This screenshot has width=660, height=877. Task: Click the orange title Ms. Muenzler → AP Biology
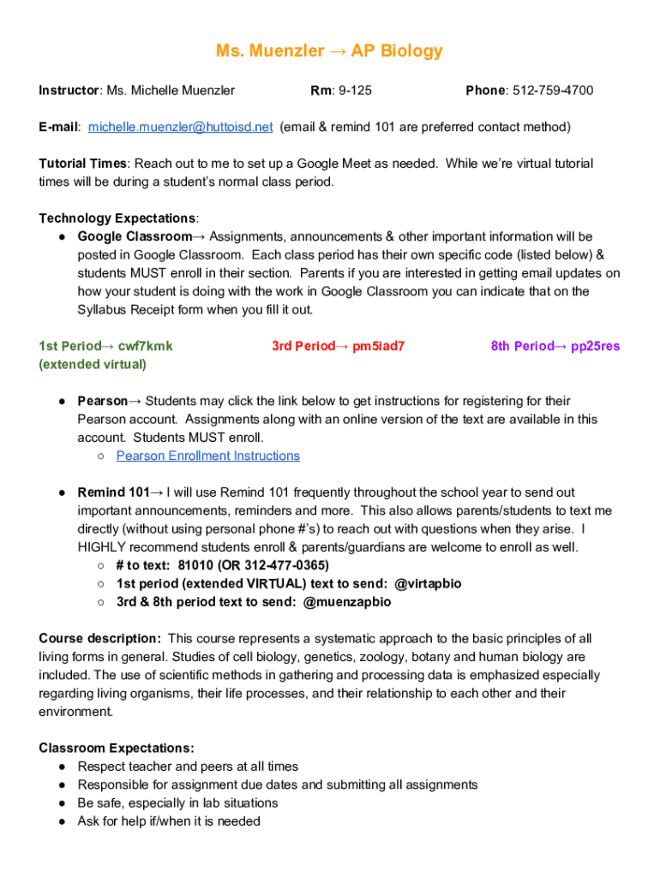click(x=329, y=51)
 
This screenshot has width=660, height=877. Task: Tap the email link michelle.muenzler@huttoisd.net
click(x=180, y=127)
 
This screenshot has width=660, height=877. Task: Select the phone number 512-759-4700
click(x=552, y=91)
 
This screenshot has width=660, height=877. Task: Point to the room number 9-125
click(x=354, y=91)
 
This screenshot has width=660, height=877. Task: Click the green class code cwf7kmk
click(x=146, y=346)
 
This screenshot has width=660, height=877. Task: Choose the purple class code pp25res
click(x=596, y=346)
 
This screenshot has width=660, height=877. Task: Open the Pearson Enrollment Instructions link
click(x=208, y=456)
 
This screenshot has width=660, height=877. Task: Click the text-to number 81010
click(x=196, y=565)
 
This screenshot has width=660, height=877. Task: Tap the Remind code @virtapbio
click(x=428, y=583)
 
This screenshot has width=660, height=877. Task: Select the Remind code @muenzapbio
click(x=347, y=601)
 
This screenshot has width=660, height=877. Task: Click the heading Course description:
click(x=99, y=638)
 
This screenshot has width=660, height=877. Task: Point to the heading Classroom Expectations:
click(x=117, y=748)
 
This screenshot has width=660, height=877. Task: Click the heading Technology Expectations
click(x=117, y=218)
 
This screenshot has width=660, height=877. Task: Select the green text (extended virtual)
click(x=93, y=364)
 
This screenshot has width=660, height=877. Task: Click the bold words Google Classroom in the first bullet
click(x=135, y=236)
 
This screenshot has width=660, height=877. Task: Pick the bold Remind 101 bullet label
click(x=114, y=492)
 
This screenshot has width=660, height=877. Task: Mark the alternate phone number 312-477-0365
click(x=284, y=565)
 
